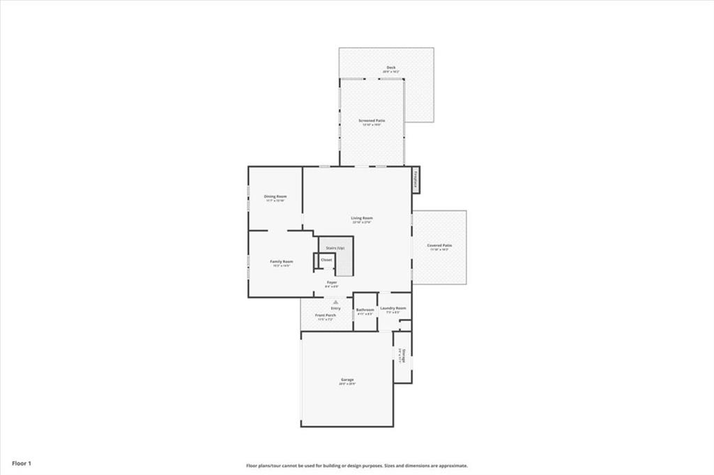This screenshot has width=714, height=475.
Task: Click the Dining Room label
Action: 275,196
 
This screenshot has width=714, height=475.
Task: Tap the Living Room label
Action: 361,218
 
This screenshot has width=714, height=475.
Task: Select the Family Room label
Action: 282,261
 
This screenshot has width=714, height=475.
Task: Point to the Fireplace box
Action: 416,180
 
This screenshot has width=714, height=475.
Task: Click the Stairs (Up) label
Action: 336,248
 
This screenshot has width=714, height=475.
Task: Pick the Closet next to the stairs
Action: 326,260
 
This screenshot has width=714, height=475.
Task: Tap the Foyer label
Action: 332,282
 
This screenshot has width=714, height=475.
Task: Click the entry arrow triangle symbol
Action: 335,302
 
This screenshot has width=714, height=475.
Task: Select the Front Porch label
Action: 325,315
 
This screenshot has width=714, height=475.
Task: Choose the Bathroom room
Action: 365,310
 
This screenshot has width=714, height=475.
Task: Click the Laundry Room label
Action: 393,307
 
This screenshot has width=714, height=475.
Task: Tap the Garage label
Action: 347,380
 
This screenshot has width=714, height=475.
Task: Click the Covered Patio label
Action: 439,245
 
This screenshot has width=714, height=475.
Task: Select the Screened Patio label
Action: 372,120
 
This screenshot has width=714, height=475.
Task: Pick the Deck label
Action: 390,68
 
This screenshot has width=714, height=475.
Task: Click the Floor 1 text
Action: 22,462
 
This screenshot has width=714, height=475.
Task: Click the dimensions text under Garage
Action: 347,384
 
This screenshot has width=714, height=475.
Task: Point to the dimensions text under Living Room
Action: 361,222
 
